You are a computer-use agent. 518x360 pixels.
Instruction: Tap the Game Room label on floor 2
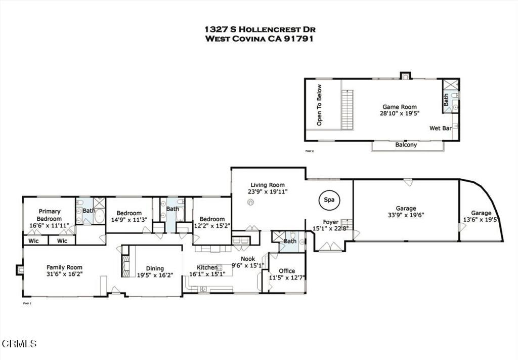pos(399,107)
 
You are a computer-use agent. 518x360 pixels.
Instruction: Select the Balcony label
pos(406,145)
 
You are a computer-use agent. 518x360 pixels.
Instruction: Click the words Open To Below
pos(319,112)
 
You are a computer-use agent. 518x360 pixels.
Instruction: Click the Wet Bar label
pos(440,129)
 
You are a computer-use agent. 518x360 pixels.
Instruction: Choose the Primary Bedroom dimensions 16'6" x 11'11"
pos(49,226)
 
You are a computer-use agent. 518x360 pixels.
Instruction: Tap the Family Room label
pos(64,267)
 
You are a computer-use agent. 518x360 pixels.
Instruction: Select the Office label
pos(287,271)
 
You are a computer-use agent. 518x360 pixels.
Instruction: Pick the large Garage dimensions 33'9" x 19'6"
pos(406,215)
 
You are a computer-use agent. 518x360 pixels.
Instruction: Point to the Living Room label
pos(268,185)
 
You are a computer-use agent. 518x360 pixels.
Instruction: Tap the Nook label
pos(247,259)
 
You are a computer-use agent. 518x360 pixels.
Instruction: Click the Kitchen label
pos(207,267)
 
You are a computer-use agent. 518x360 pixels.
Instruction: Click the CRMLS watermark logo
pos(19,344)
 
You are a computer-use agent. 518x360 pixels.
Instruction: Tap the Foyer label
pos(331,222)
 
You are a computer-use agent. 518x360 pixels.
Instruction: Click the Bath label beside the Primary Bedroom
pos(89,210)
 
